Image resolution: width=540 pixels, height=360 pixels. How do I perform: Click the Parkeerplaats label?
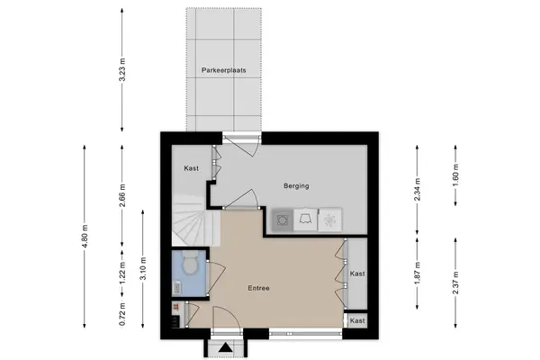point(223,70)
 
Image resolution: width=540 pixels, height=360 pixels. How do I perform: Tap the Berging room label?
point(296,186)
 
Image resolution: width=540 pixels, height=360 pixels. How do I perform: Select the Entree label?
point(258,288)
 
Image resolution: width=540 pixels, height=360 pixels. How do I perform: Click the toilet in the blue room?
point(190,263)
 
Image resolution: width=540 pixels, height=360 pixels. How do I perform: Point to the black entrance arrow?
point(226,347)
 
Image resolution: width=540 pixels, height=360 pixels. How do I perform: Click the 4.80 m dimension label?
point(85,236)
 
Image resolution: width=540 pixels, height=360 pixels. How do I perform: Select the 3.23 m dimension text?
point(122,70)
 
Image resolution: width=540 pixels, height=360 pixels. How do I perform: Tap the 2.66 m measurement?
point(122,195)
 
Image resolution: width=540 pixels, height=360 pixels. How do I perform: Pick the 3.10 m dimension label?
point(143,269)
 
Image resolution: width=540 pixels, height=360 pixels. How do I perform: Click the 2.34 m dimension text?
point(418,190)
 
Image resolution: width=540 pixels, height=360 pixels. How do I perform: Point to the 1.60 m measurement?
point(455,175)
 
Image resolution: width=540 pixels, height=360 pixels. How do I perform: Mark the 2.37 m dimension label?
point(455,283)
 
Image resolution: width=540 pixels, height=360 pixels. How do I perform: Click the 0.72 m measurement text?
point(122,314)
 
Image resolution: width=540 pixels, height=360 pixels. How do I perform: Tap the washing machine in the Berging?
point(283,220)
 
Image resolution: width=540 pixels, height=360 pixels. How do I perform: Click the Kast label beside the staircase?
point(191,168)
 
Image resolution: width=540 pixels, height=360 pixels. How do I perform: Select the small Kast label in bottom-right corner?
point(357,320)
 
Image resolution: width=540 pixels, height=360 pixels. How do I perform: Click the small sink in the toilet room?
point(176,288)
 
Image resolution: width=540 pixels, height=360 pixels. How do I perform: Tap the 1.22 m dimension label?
point(122,274)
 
